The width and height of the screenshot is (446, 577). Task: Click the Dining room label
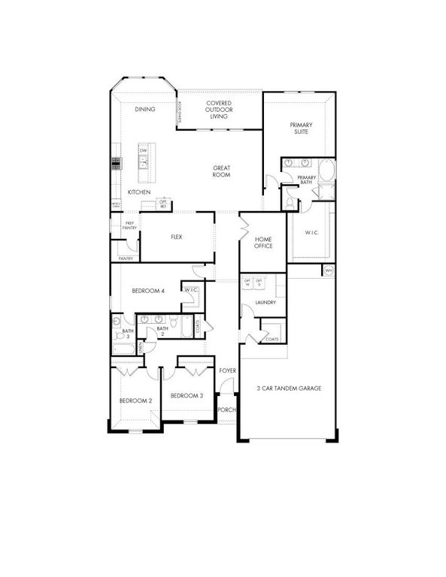tap(145, 110)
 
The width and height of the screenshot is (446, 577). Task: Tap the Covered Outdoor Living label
tap(219, 110)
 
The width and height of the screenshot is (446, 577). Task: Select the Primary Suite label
tap(302, 128)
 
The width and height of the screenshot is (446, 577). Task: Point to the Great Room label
tap(221, 171)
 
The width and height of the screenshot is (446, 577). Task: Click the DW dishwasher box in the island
tap(143, 150)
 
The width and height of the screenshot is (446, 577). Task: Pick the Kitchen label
tap(139, 192)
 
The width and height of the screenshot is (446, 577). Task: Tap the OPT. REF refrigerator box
tap(163, 203)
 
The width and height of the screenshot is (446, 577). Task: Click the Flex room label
tap(177, 237)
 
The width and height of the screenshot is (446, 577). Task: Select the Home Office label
tap(262, 242)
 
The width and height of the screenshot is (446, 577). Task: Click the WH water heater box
tap(329, 270)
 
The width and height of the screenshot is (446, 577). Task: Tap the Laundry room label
tap(265, 303)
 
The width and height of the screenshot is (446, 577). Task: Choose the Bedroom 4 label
tap(148, 291)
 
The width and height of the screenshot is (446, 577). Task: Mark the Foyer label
tap(227, 371)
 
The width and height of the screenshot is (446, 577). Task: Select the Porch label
tap(226, 409)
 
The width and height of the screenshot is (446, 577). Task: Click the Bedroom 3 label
tap(186, 395)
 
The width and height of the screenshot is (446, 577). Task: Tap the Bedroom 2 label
tap(136, 401)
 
